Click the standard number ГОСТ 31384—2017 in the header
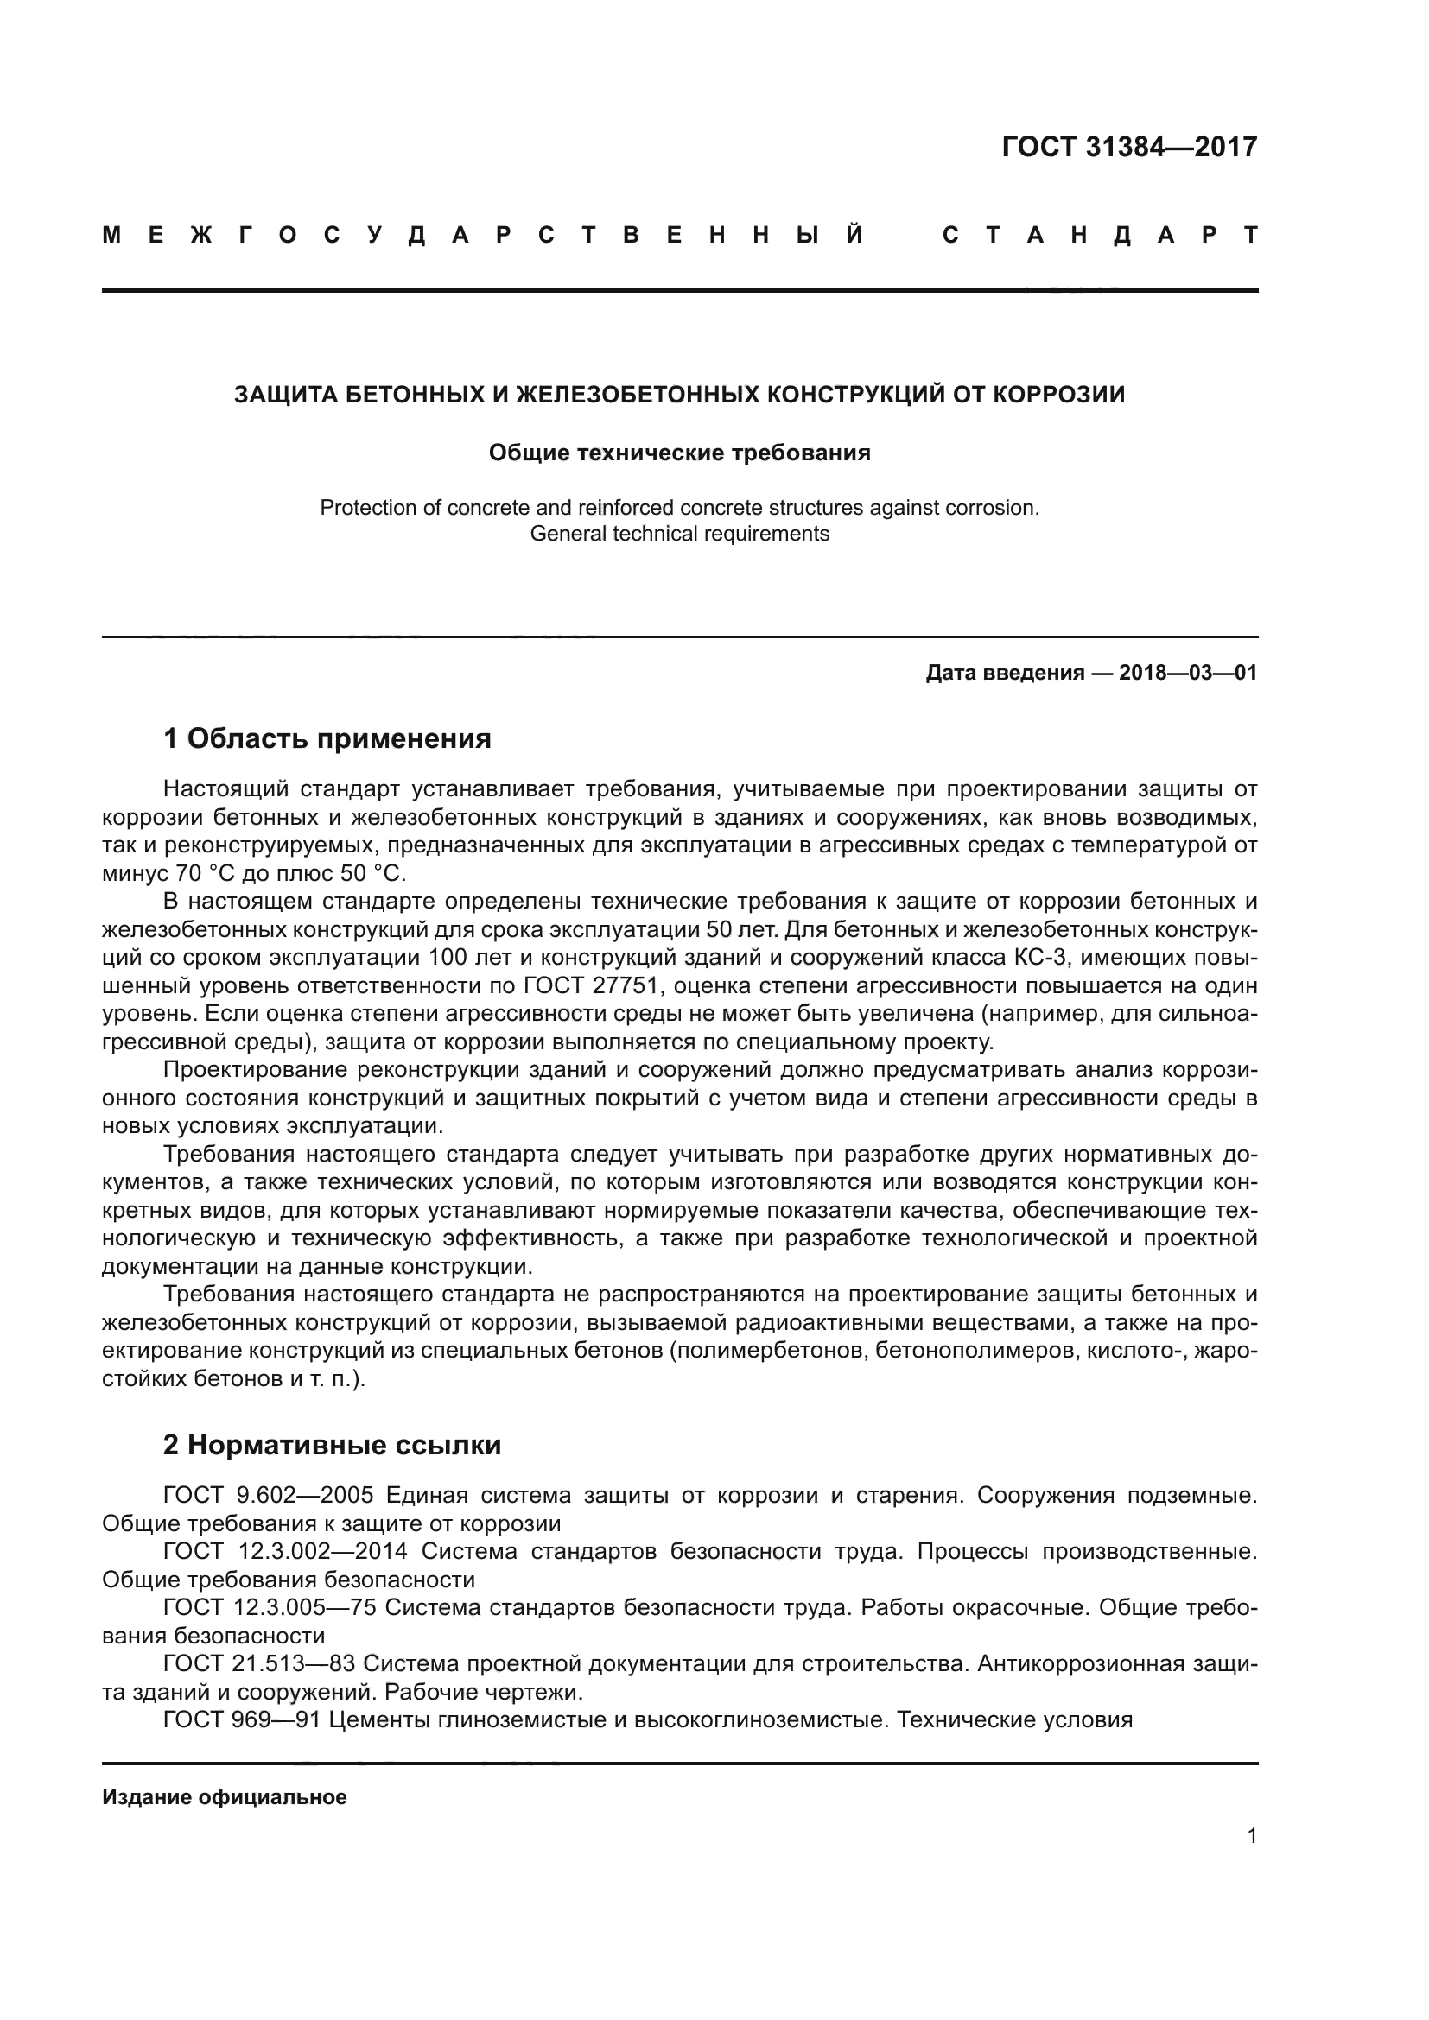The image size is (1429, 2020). [x=1129, y=147]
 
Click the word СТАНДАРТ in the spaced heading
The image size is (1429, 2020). [x=1099, y=235]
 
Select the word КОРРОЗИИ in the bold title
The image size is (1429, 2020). [x=1058, y=395]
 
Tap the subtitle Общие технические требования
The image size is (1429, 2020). [x=679, y=453]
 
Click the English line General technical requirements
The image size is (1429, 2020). [x=679, y=534]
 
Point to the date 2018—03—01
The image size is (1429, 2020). [x=1187, y=673]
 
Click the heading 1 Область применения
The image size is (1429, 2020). [x=327, y=739]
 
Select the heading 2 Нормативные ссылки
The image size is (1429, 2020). [x=332, y=1446]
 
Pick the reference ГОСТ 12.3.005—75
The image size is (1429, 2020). [x=270, y=1608]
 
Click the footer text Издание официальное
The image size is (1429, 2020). [x=225, y=1797]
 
